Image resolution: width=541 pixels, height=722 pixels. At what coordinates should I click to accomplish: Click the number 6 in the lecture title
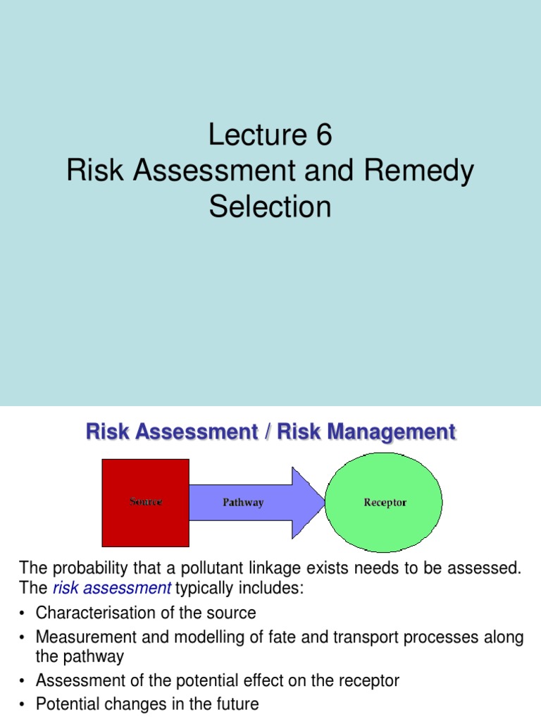[x=322, y=135]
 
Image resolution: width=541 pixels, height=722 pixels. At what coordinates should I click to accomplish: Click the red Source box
[x=146, y=502]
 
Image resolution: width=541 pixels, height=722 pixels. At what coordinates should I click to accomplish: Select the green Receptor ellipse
[x=385, y=502]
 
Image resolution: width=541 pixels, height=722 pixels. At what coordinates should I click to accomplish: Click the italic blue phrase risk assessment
[x=112, y=588]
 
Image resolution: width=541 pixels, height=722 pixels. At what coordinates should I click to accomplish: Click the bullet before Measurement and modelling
[x=23, y=638]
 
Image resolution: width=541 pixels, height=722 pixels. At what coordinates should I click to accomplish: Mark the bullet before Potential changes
[x=23, y=704]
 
